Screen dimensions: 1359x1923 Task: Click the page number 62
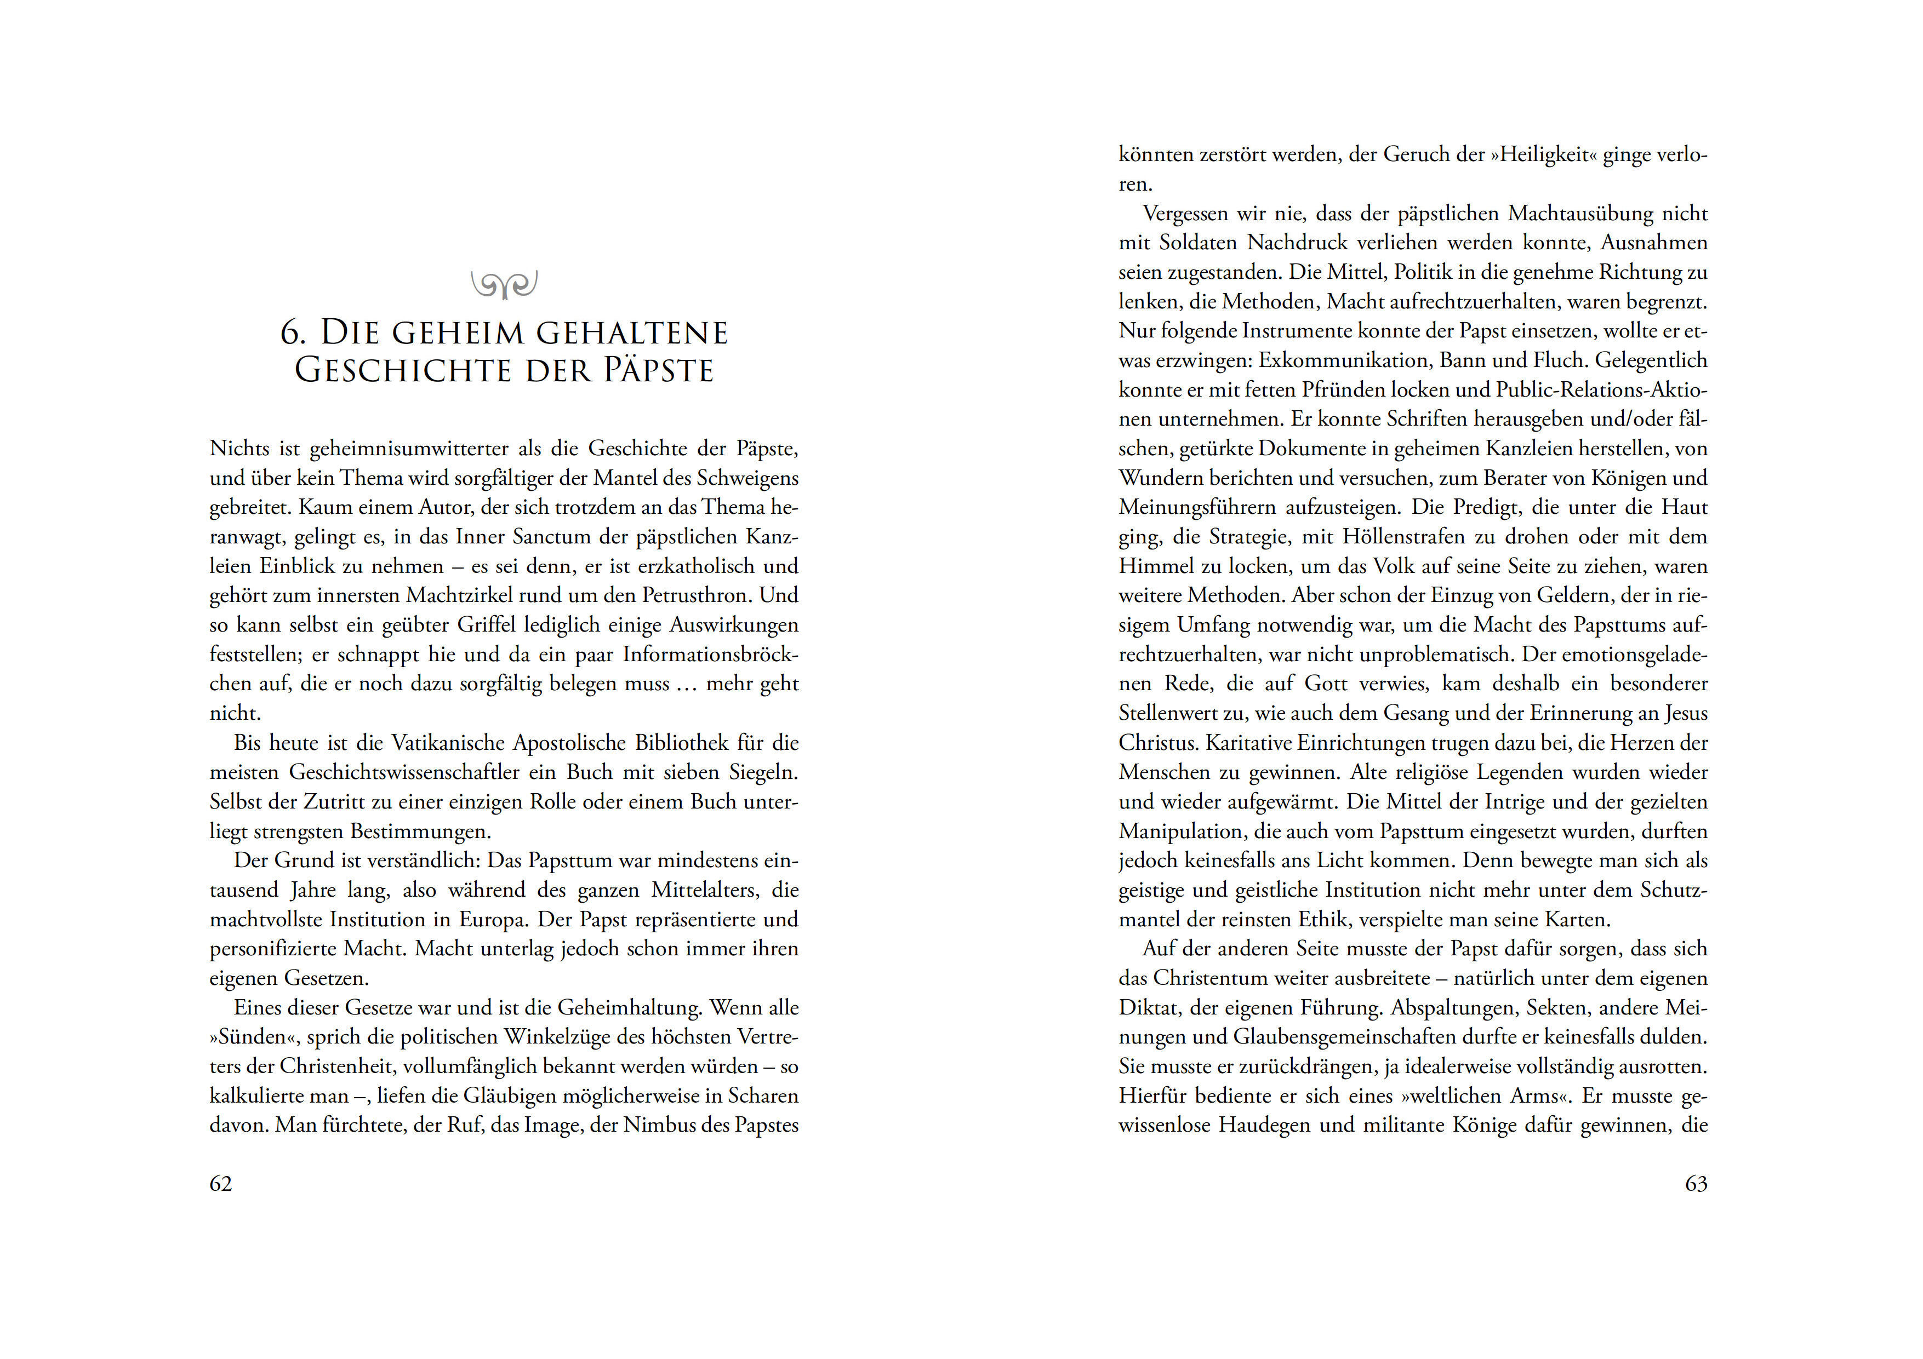pyautogui.click(x=220, y=1183)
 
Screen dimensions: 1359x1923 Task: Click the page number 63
pyautogui.click(x=1696, y=1183)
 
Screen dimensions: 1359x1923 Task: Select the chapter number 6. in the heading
pyautogui.click(x=293, y=332)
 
